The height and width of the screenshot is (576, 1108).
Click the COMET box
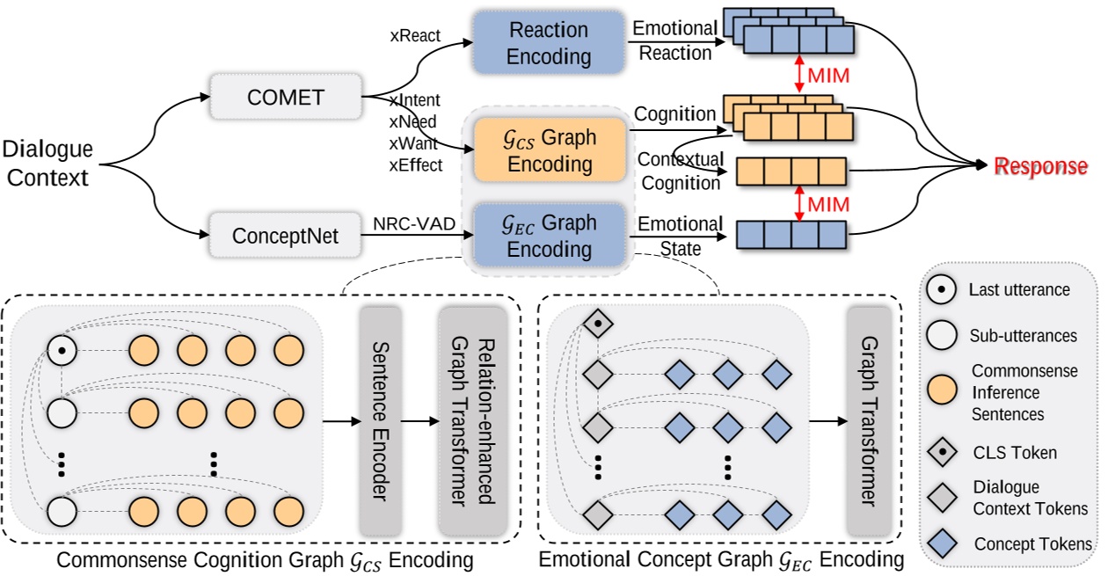(286, 96)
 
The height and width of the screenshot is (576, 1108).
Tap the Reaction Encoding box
(550, 43)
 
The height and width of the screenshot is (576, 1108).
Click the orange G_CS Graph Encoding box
(550, 151)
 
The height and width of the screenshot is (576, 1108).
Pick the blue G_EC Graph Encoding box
(550, 237)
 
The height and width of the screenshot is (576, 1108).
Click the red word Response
(1040, 167)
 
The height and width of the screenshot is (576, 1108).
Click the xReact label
(415, 37)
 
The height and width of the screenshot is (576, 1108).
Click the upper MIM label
(828, 76)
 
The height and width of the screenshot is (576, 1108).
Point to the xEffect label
(415, 164)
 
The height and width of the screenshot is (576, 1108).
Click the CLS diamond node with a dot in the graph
(598, 324)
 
